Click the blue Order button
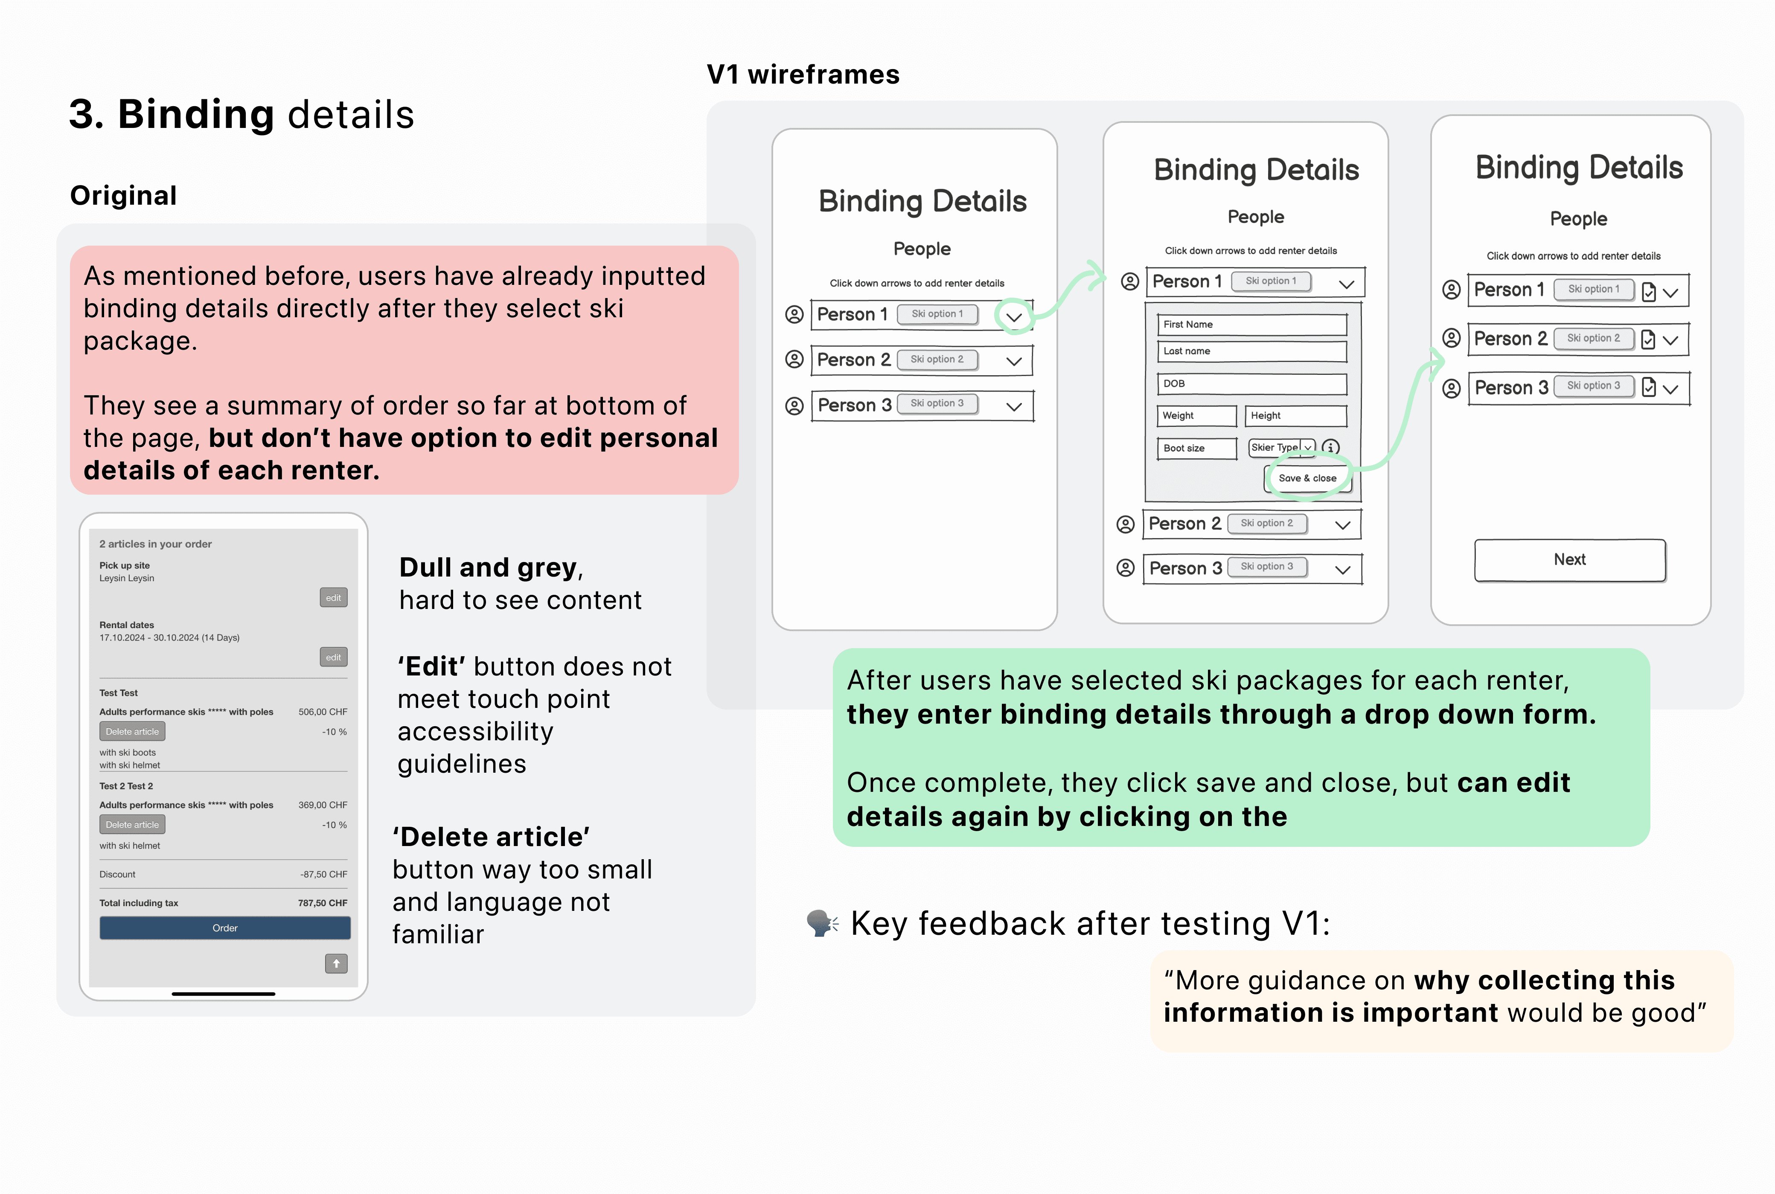pyautogui.click(x=225, y=927)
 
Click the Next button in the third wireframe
pyautogui.click(x=1570, y=559)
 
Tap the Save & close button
pyautogui.click(x=1307, y=478)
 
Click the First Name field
pyautogui.click(x=1251, y=325)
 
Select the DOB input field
pyautogui.click(x=1251, y=384)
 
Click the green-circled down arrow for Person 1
pyautogui.click(x=1014, y=317)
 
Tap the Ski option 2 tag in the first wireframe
pyautogui.click(x=937, y=359)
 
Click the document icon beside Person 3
pyautogui.click(x=1649, y=388)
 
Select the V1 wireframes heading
pyautogui.click(x=803, y=75)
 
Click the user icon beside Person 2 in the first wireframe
pyautogui.click(x=794, y=359)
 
